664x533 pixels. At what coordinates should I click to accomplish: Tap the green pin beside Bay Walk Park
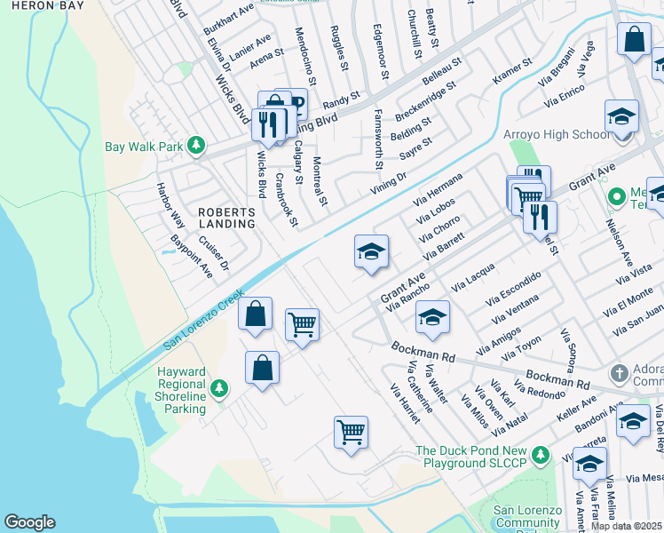coord(196,146)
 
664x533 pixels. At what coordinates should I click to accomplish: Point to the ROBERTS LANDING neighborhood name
coord(226,219)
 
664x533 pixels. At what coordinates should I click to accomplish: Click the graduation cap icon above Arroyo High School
coord(621,117)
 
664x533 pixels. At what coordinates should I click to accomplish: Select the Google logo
coord(29,522)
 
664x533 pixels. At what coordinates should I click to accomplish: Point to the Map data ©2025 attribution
coord(627,526)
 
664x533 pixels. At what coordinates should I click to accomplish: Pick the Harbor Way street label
coord(166,205)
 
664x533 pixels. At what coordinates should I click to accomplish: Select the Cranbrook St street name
coord(286,199)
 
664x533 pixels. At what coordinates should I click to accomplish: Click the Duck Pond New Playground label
coord(484,457)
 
